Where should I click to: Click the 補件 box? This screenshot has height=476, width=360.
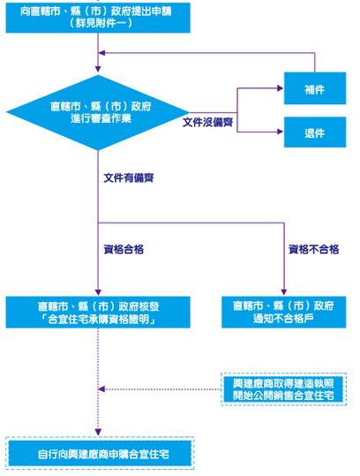(x=315, y=88)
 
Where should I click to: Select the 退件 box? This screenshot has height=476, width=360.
(x=315, y=132)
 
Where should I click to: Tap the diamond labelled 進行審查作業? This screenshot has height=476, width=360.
(x=98, y=113)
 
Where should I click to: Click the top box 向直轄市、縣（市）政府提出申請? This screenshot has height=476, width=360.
(x=98, y=18)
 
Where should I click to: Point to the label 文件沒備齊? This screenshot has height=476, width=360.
(x=207, y=123)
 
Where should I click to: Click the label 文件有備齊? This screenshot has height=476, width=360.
(x=129, y=178)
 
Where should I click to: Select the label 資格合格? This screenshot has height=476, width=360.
(x=124, y=250)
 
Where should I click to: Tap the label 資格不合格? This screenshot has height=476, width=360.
(x=314, y=250)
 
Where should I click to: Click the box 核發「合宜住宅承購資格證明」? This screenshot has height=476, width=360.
(x=98, y=313)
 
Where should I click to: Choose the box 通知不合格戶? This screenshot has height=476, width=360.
(x=284, y=313)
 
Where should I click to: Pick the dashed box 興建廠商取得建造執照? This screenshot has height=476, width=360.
(x=283, y=389)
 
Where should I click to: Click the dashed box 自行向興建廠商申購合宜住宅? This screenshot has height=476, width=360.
(x=100, y=453)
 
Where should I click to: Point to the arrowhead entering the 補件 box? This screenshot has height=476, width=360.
(x=281, y=88)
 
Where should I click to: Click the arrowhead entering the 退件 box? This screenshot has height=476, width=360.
(x=281, y=132)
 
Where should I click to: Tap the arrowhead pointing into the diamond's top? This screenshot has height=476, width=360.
(x=98, y=69)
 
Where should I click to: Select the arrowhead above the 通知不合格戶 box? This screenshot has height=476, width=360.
(x=284, y=291)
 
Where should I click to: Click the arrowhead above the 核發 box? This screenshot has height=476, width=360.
(x=98, y=292)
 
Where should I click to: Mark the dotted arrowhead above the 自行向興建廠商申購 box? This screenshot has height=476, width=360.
(x=98, y=432)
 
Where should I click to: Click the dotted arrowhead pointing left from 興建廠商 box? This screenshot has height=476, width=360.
(x=101, y=389)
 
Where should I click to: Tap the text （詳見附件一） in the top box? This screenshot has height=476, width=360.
(x=101, y=23)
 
